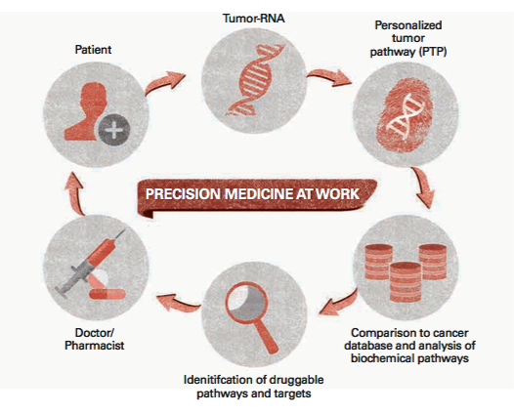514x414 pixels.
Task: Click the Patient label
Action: [x=94, y=47]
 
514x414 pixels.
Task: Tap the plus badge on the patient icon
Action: [x=117, y=131]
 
